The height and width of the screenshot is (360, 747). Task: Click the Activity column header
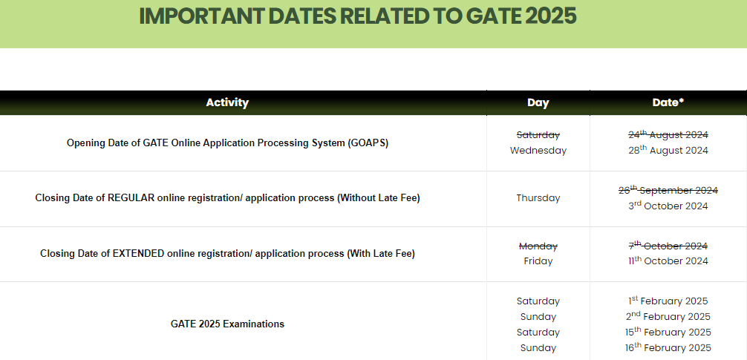(227, 102)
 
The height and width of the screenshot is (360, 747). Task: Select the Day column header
(538, 103)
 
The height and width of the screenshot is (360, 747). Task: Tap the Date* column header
(668, 102)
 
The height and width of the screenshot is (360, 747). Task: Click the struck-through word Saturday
(538, 135)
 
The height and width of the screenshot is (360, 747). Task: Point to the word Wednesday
(538, 151)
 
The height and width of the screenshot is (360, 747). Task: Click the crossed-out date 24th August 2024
(668, 135)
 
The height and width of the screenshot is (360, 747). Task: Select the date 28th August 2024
(668, 150)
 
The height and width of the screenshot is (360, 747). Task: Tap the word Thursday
(538, 198)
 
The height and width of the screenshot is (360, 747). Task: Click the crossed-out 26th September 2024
(668, 190)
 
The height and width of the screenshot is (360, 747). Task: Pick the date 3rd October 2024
(668, 206)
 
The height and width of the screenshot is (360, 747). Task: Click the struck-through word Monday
(538, 246)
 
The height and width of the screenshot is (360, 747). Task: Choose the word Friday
(538, 261)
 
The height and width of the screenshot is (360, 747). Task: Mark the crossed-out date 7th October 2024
(668, 246)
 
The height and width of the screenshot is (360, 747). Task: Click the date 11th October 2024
(668, 261)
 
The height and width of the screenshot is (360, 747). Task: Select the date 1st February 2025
(668, 301)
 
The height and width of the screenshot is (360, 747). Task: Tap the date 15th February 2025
(668, 332)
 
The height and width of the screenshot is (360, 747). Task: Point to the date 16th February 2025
(668, 347)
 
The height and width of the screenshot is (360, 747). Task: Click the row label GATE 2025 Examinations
(227, 324)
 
